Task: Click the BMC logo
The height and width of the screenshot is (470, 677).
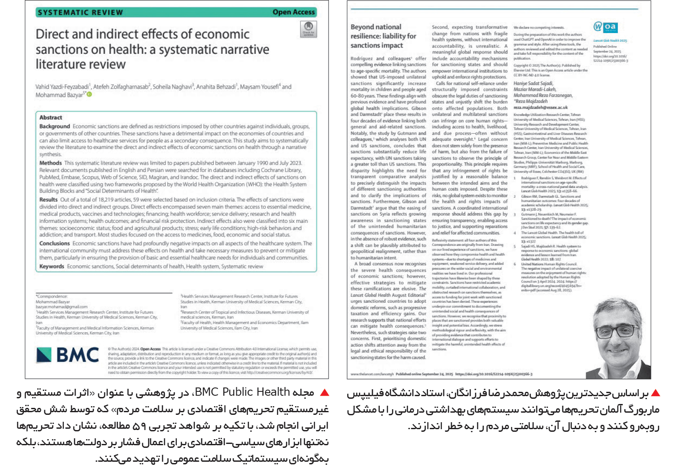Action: (x=67, y=355)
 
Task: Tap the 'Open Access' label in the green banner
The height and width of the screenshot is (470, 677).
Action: (x=293, y=12)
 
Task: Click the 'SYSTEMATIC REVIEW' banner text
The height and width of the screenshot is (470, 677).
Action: (x=80, y=12)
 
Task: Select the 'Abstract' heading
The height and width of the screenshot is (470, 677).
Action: (x=51, y=117)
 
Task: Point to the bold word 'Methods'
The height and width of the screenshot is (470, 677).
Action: (x=50, y=163)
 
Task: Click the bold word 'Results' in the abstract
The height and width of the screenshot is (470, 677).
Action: (x=48, y=199)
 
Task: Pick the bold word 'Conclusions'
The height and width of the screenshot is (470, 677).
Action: (x=54, y=243)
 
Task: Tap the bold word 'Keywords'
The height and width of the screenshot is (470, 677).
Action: (x=52, y=266)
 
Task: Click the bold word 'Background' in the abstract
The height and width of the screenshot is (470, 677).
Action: (x=54, y=126)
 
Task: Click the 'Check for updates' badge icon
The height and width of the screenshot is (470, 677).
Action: (x=308, y=29)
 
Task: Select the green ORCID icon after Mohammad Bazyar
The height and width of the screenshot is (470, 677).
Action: (x=90, y=95)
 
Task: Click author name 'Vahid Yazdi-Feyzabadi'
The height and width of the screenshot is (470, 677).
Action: (x=62, y=87)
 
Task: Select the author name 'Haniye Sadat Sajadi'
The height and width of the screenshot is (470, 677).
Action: (x=533, y=83)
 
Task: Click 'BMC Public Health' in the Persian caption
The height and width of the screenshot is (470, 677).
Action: (x=243, y=392)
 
